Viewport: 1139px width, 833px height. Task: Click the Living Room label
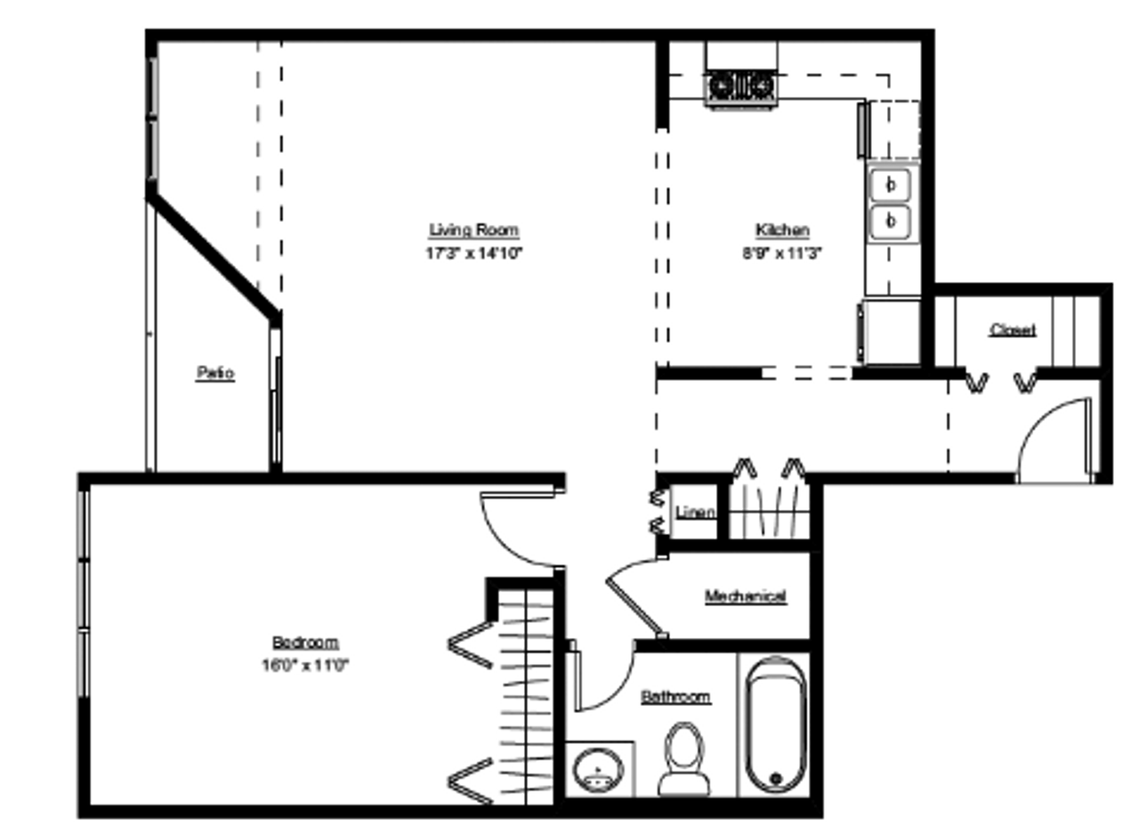pos(473,230)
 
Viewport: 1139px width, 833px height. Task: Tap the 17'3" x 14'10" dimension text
pos(473,253)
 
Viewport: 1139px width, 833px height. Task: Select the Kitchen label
pos(782,230)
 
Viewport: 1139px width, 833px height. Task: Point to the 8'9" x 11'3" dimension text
pos(782,253)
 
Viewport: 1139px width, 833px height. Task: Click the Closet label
pos(1013,330)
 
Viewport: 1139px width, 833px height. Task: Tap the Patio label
pos(215,374)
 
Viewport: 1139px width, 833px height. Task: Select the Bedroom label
pos(305,643)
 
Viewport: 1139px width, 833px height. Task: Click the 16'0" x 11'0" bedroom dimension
pos(305,665)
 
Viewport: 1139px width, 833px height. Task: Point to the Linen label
pos(695,513)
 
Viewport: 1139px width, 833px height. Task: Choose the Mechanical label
pos(746,596)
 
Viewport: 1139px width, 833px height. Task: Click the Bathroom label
pos(676,697)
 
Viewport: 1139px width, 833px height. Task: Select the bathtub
pos(774,724)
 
